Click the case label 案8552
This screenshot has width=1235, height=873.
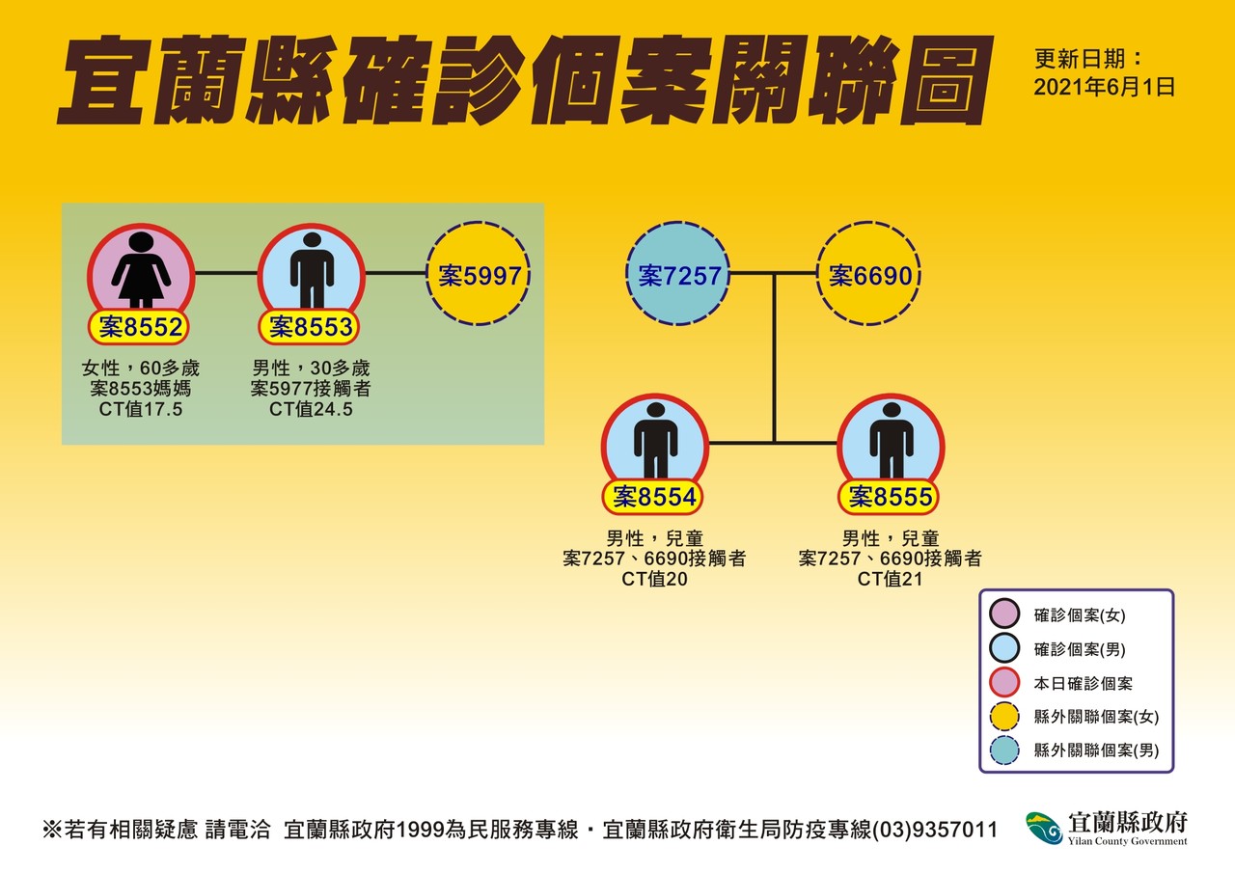coord(141,328)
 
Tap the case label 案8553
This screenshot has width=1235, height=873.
coord(311,328)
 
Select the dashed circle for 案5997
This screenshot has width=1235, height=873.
coord(480,276)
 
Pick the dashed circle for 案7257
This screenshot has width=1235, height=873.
coord(678,276)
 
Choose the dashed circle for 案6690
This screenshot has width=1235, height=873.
coord(869,276)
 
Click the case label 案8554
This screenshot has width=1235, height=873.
coord(655,498)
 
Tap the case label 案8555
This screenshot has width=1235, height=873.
coord(891,498)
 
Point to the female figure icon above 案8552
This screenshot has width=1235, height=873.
coord(141,269)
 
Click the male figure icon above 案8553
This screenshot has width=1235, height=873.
coord(311,269)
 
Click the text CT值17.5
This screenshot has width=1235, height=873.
coord(141,410)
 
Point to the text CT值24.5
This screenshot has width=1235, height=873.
coord(311,410)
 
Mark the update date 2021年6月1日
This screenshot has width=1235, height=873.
coord(1104,87)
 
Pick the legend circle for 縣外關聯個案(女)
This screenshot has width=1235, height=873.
coord(1005,717)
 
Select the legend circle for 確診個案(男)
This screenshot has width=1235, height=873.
coord(1005,649)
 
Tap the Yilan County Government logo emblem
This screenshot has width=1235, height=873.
coord(1044,828)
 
